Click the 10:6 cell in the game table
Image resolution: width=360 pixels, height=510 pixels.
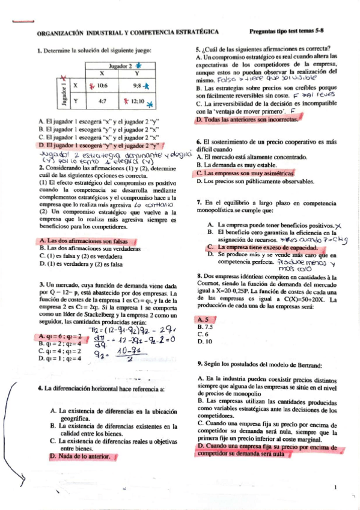[x=102, y=85]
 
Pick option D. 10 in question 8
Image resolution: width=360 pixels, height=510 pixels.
[x=203, y=341]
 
